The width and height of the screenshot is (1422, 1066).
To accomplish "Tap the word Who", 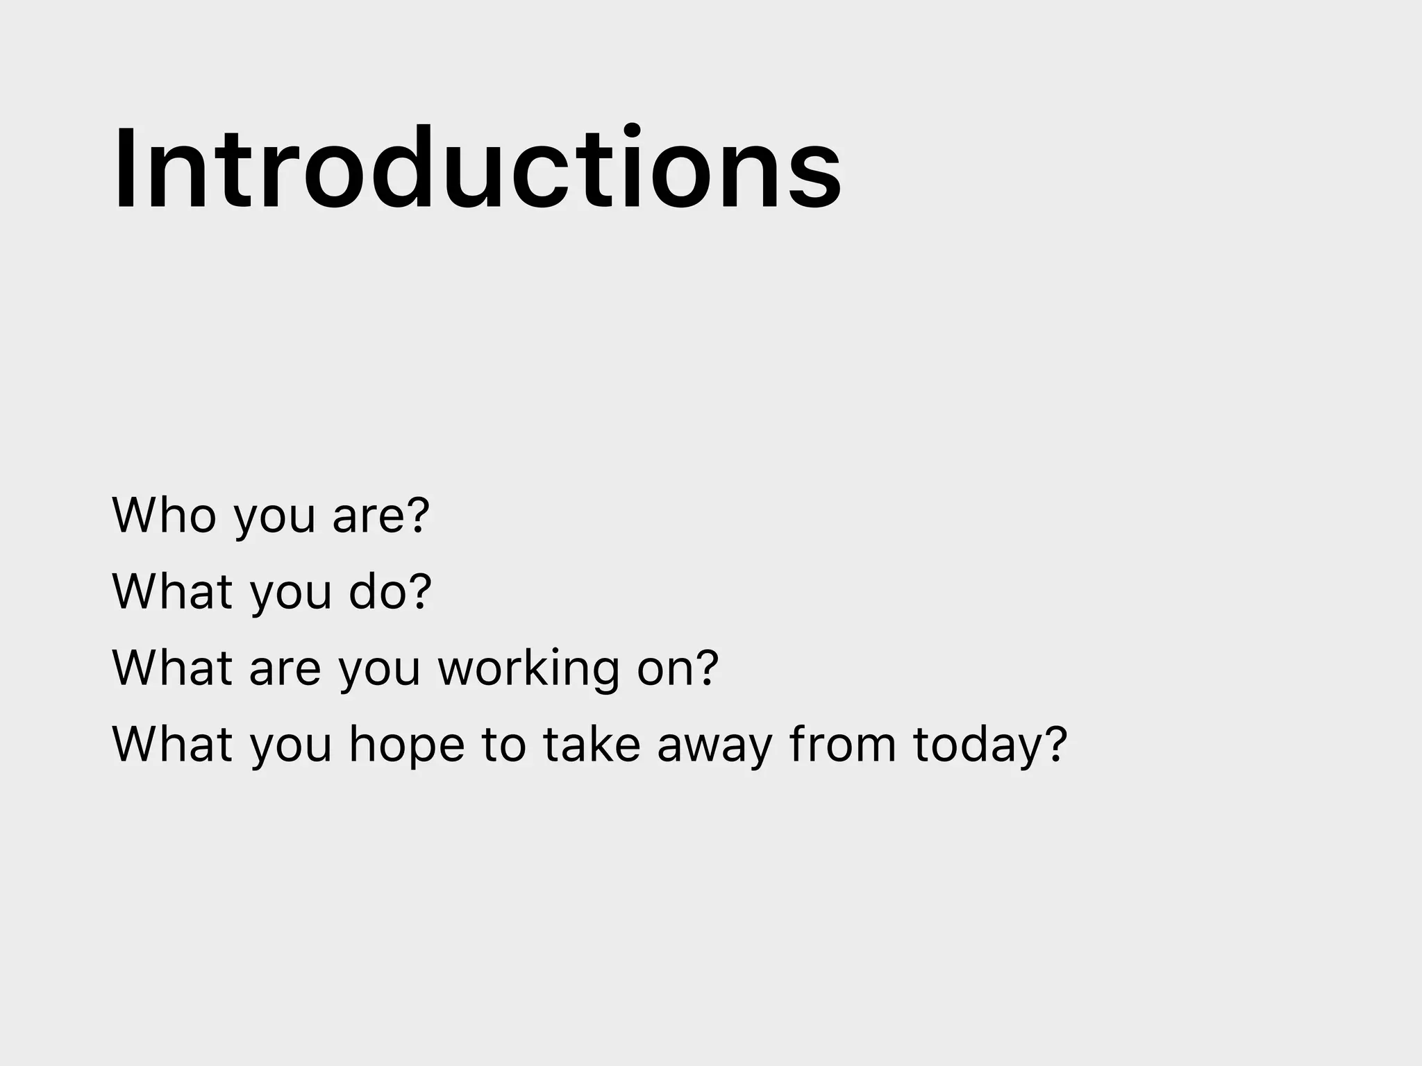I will click(164, 515).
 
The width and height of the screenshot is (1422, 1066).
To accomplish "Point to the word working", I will click(528, 669).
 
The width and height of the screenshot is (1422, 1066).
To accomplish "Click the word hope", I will click(406, 745).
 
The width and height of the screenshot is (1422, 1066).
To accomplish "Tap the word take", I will click(591, 744).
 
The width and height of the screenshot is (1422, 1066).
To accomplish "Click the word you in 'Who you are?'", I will click(274, 519).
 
